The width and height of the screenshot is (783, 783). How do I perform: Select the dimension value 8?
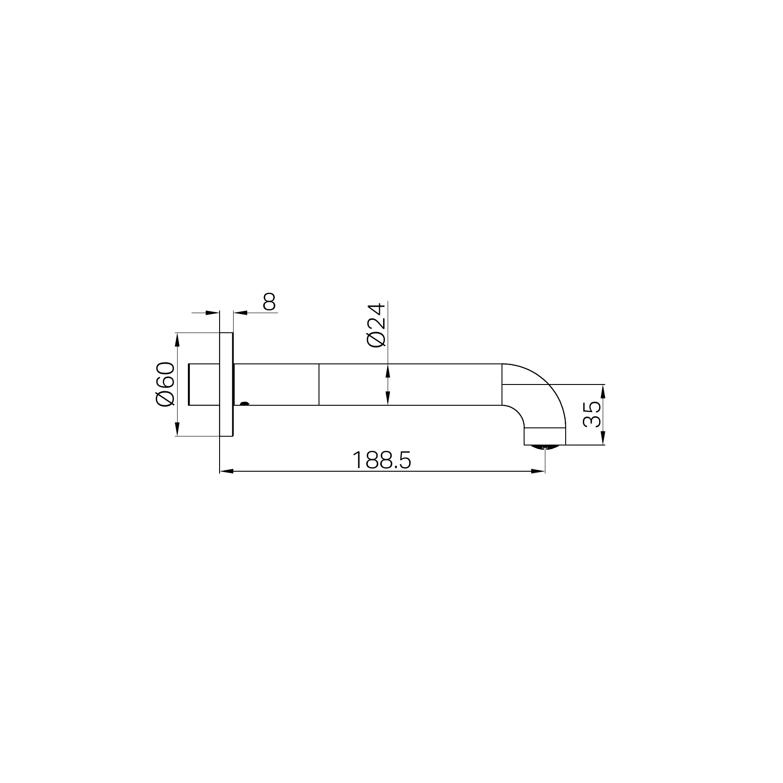tap(269, 302)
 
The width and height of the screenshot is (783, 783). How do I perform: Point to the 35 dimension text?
tap(592, 414)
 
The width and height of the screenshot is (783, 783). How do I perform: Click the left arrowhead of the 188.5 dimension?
tap(226, 472)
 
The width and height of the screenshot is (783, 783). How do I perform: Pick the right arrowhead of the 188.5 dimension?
tap(538, 472)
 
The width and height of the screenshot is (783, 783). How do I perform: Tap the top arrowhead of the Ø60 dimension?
tap(178, 340)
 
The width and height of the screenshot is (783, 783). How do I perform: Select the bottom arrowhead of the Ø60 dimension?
tap(178, 429)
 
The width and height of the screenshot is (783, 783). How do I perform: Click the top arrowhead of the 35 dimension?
tap(603, 392)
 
